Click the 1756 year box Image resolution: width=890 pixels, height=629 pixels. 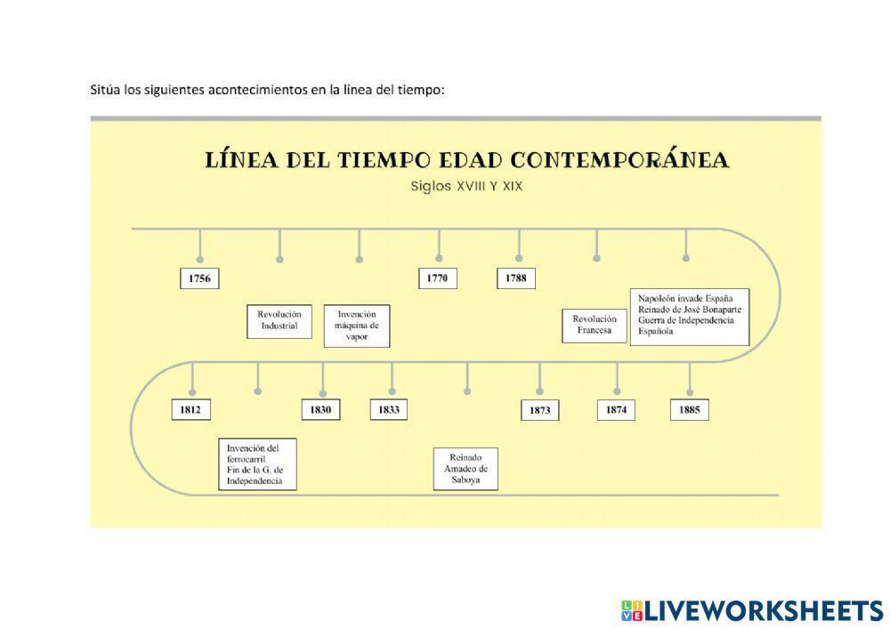[x=199, y=278]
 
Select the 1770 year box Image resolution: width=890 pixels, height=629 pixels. [x=437, y=278]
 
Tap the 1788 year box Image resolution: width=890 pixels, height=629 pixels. [x=515, y=278]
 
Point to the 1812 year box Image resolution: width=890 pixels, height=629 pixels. [x=190, y=409]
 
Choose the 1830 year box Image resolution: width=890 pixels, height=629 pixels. [x=321, y=409]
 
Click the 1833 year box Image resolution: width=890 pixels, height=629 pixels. [x=389, y=409]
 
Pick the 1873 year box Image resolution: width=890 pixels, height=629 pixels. [x=539, y=410]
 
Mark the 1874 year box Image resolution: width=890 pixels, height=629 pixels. [x=616, y=409]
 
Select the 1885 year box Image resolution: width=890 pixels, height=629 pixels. [x=689, y=409]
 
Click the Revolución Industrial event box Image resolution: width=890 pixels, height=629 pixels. [x=279, y=320]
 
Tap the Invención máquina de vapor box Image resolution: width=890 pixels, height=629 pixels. [x=357, y=326]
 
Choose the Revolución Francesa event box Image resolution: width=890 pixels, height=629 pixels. [x=595, y=325]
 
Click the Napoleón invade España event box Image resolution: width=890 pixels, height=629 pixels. [x=689, y=316]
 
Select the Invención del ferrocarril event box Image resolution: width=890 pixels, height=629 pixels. [x=257, y=464]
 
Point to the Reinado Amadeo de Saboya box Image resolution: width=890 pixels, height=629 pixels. [x=465, y=467]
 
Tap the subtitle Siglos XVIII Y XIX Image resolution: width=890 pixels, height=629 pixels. [x=466, y=187]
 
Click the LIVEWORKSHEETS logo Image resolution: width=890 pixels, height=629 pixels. [x=752, y=610]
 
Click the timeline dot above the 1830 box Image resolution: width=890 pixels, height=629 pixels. [x=322, y=391]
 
